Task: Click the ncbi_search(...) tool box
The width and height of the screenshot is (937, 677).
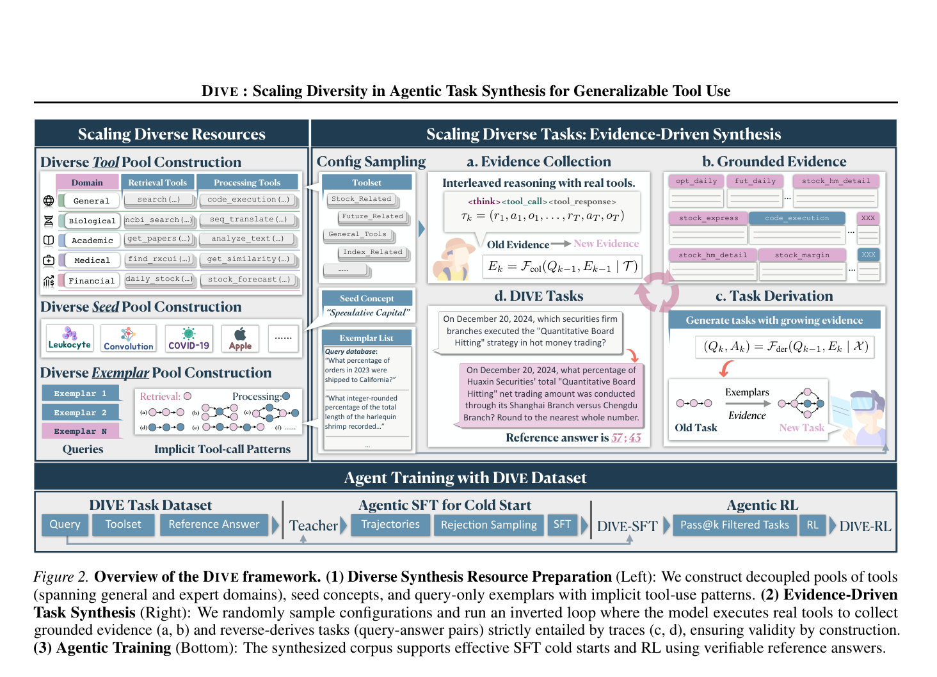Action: (158, 219)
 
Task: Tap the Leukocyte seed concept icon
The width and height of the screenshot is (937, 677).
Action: (70, 338)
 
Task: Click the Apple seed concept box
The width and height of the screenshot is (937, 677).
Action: (240, 338)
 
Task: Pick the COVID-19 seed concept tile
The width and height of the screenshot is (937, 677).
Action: (189, 338)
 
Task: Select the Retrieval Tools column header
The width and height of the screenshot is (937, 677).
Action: (157, 182)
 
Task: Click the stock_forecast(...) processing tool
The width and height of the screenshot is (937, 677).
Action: (248, 279)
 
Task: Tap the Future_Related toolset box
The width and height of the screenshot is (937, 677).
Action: (372, 216)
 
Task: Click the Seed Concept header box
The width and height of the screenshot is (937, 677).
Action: (367, 298)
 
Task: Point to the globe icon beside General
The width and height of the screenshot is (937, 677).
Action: (49, 201)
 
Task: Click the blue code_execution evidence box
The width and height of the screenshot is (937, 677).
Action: (797, 218)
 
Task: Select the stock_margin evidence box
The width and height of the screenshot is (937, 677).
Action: (802, 255)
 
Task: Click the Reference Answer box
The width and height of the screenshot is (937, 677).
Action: (214, 525)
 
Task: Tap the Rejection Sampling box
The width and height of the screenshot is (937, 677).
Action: (488, 525)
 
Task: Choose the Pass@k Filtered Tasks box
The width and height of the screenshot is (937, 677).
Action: (734, 525)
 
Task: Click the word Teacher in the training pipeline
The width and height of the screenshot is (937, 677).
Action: (313, 526)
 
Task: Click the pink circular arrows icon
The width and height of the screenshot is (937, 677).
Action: (657, 292)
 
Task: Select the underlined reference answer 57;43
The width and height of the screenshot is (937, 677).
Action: (625, 438)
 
